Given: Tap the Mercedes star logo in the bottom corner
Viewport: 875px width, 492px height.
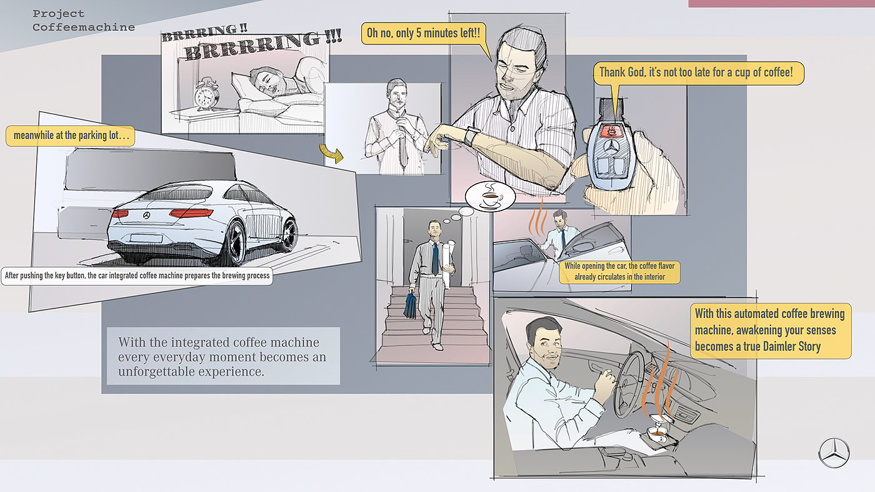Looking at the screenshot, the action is (x=834, y=451).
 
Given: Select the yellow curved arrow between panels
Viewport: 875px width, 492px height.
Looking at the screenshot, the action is (x=331, y=154).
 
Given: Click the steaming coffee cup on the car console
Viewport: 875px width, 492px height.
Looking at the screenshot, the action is (x=657, y=433).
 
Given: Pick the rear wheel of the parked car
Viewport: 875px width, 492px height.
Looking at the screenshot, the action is (x=235, y=244).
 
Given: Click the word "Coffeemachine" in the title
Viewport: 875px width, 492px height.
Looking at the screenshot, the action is (x=84, y=27).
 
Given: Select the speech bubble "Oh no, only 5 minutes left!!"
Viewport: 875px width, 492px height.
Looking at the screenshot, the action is (x=424, y=33).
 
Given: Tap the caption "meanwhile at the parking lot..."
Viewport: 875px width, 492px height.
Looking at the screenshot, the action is (x=70, y=136).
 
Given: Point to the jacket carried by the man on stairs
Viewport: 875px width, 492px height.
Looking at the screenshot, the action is (x=411, y=304).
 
